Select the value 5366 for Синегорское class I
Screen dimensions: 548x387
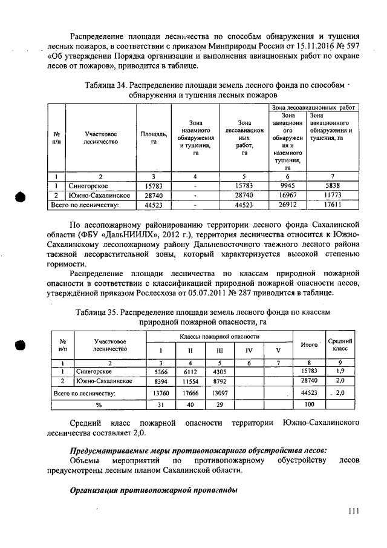coord(160,371)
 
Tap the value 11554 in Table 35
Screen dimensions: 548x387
coord(190,381)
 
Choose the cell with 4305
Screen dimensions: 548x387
coord(219,371)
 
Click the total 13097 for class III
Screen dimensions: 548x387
coord(219,393)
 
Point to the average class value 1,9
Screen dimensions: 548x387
coord(340,371)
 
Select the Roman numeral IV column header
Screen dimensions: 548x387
coord(249,350)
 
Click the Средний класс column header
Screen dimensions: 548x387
coord(340,346)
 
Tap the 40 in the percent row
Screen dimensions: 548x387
coord(190,404)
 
